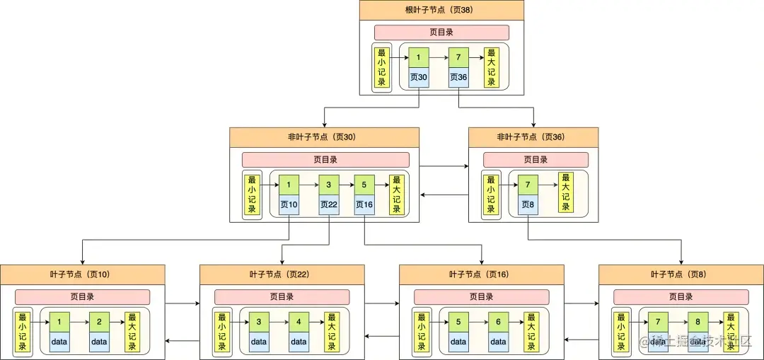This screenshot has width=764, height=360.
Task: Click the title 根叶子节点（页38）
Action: pyautogui.click(x=441, y=10)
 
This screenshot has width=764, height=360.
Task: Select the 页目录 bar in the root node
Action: pyautogui.click(x=441, y=33)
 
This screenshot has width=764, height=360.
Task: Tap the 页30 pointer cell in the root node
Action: pyautogui.click(x=419, y=77)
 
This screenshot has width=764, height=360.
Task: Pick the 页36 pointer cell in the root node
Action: pyautogui.click(x=458, y=77)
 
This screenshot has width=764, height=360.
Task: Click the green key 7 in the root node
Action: pyautogui.click(x=458, y=57)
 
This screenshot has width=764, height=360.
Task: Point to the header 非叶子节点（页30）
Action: pyautogui.click(x=324, y=137)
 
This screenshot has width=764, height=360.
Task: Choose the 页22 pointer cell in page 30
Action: pyautogui.click(x=329, y=205)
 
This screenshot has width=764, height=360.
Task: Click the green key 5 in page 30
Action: pyautogui.click(x=364, y=185)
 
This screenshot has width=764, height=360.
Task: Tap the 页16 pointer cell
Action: pyautogui.click(x=364, y=205)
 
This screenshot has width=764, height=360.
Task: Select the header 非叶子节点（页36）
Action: pyautogui.click(x=533, y=137)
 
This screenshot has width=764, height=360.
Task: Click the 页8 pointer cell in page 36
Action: pyautogui.click(x=528, y=205)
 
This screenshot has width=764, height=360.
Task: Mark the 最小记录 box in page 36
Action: pyautogui.click(x=492, y=195)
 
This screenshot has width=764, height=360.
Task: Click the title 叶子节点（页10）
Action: pyautogui.click(x=82, y=274)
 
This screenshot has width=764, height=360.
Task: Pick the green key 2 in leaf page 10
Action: pyautogui.click(x=99, y=322)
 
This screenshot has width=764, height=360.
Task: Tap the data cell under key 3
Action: pyautogui.click(x=259, y=342)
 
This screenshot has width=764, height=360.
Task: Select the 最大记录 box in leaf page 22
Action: pyautogui.click(x=331, y=332)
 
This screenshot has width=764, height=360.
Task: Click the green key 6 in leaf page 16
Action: pyautogui.click(x=498, y=322)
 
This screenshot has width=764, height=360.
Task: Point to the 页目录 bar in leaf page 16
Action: pyautogui.click(x=481, y=297)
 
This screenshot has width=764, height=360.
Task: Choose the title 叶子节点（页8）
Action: pyautogui.click(x=681, y=274)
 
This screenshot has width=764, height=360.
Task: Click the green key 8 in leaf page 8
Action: pyautogui.click(x=698, y=322)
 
